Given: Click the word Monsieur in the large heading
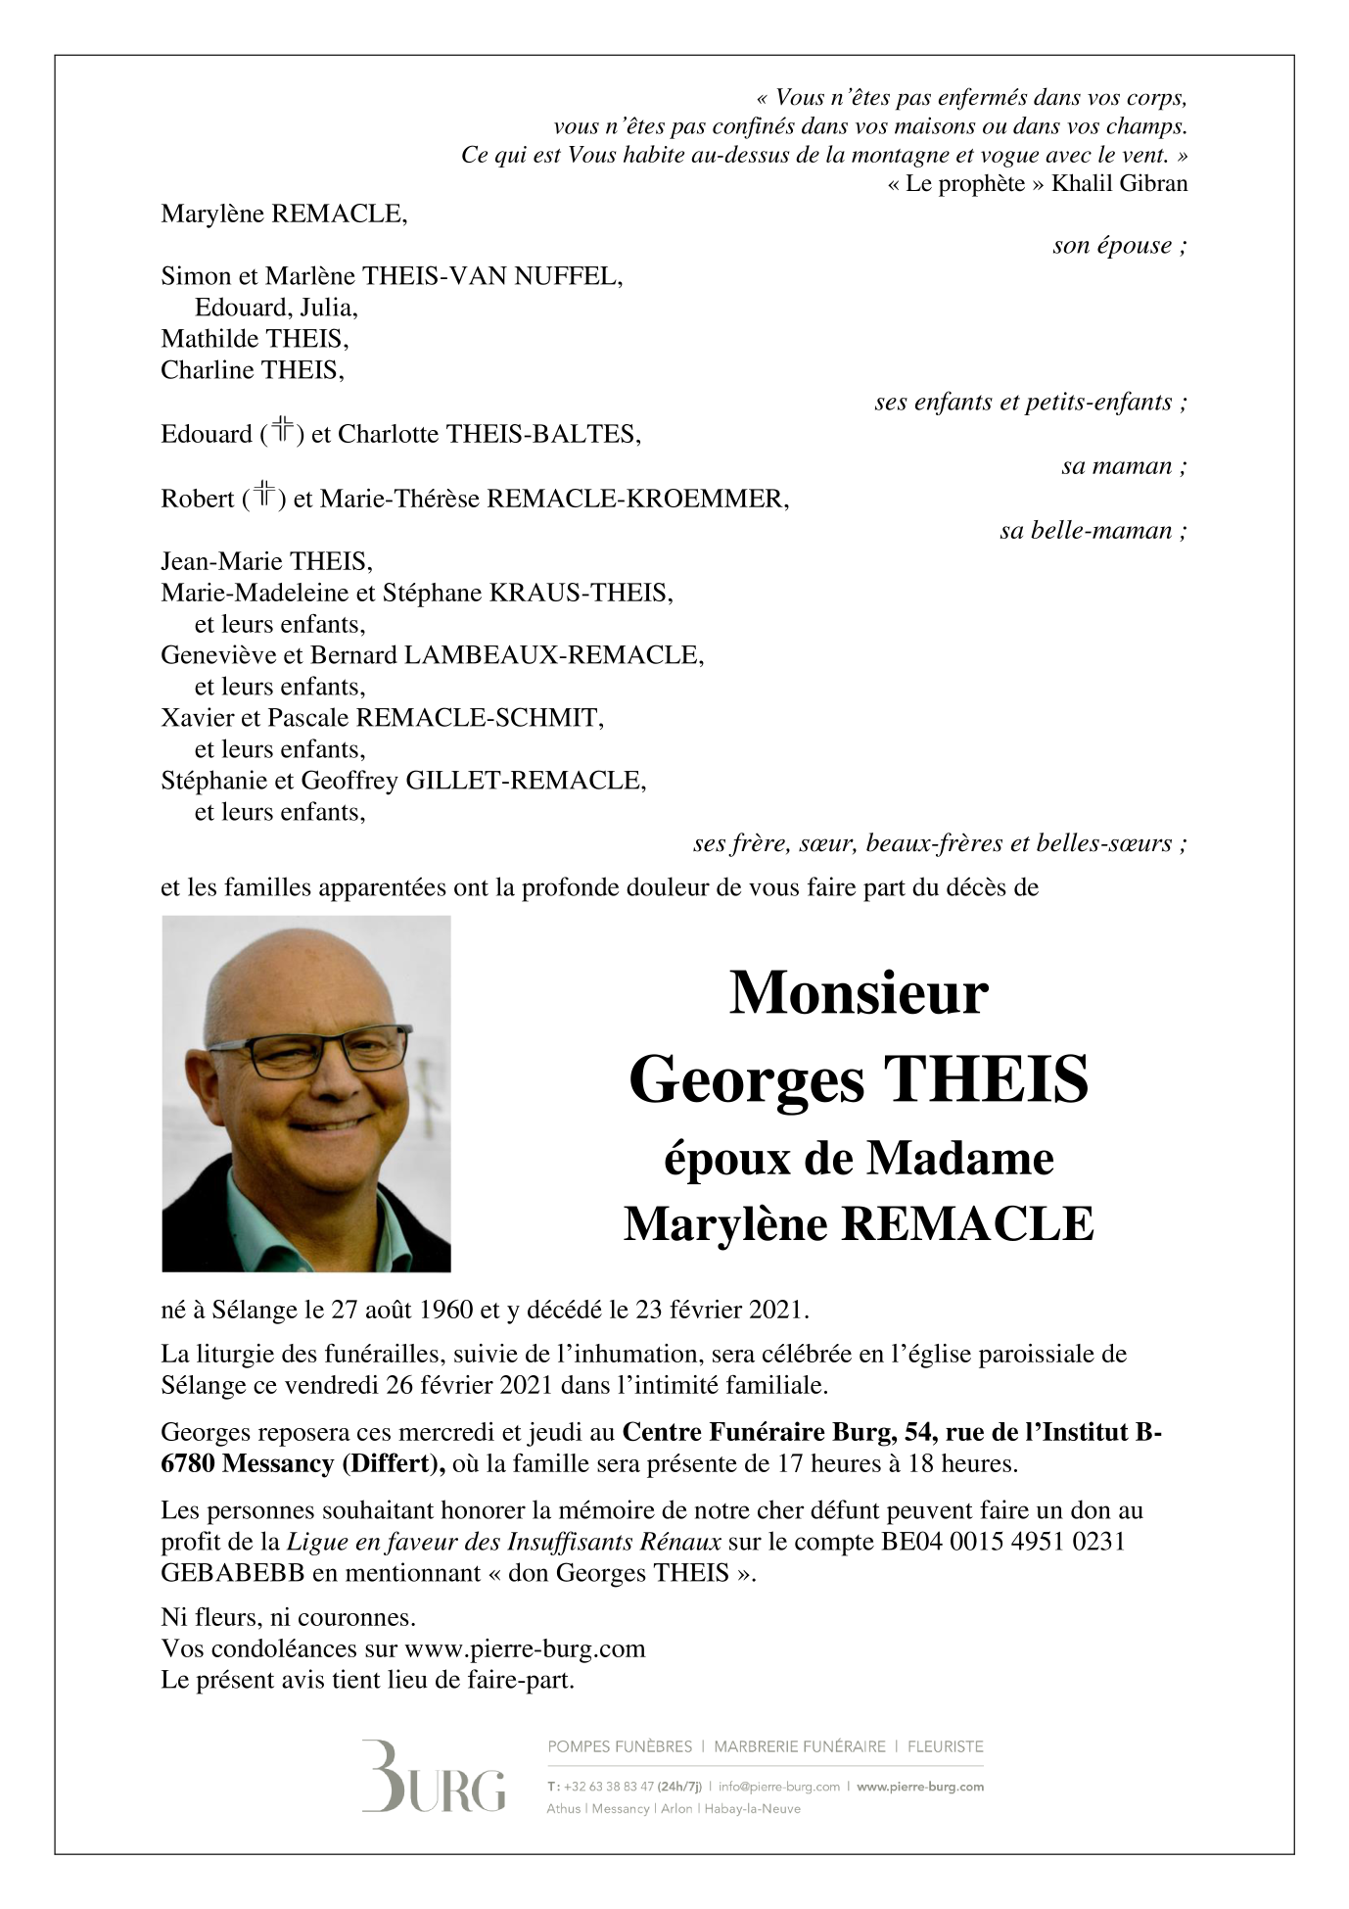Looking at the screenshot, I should click(x=859, y=993).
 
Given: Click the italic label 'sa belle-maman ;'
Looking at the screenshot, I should click(x=1093, y=531).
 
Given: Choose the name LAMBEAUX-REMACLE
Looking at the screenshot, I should click(x=553, y=655).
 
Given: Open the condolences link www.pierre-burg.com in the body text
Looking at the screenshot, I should click(x=525, y=1648).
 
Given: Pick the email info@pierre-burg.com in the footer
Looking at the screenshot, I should click(x=779, y=1787).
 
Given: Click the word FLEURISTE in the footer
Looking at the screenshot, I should click(x=946, y=1746).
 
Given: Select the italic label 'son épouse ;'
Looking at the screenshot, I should click(x=1119, y=246).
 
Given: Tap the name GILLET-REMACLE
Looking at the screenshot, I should click(x=525, y=781).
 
